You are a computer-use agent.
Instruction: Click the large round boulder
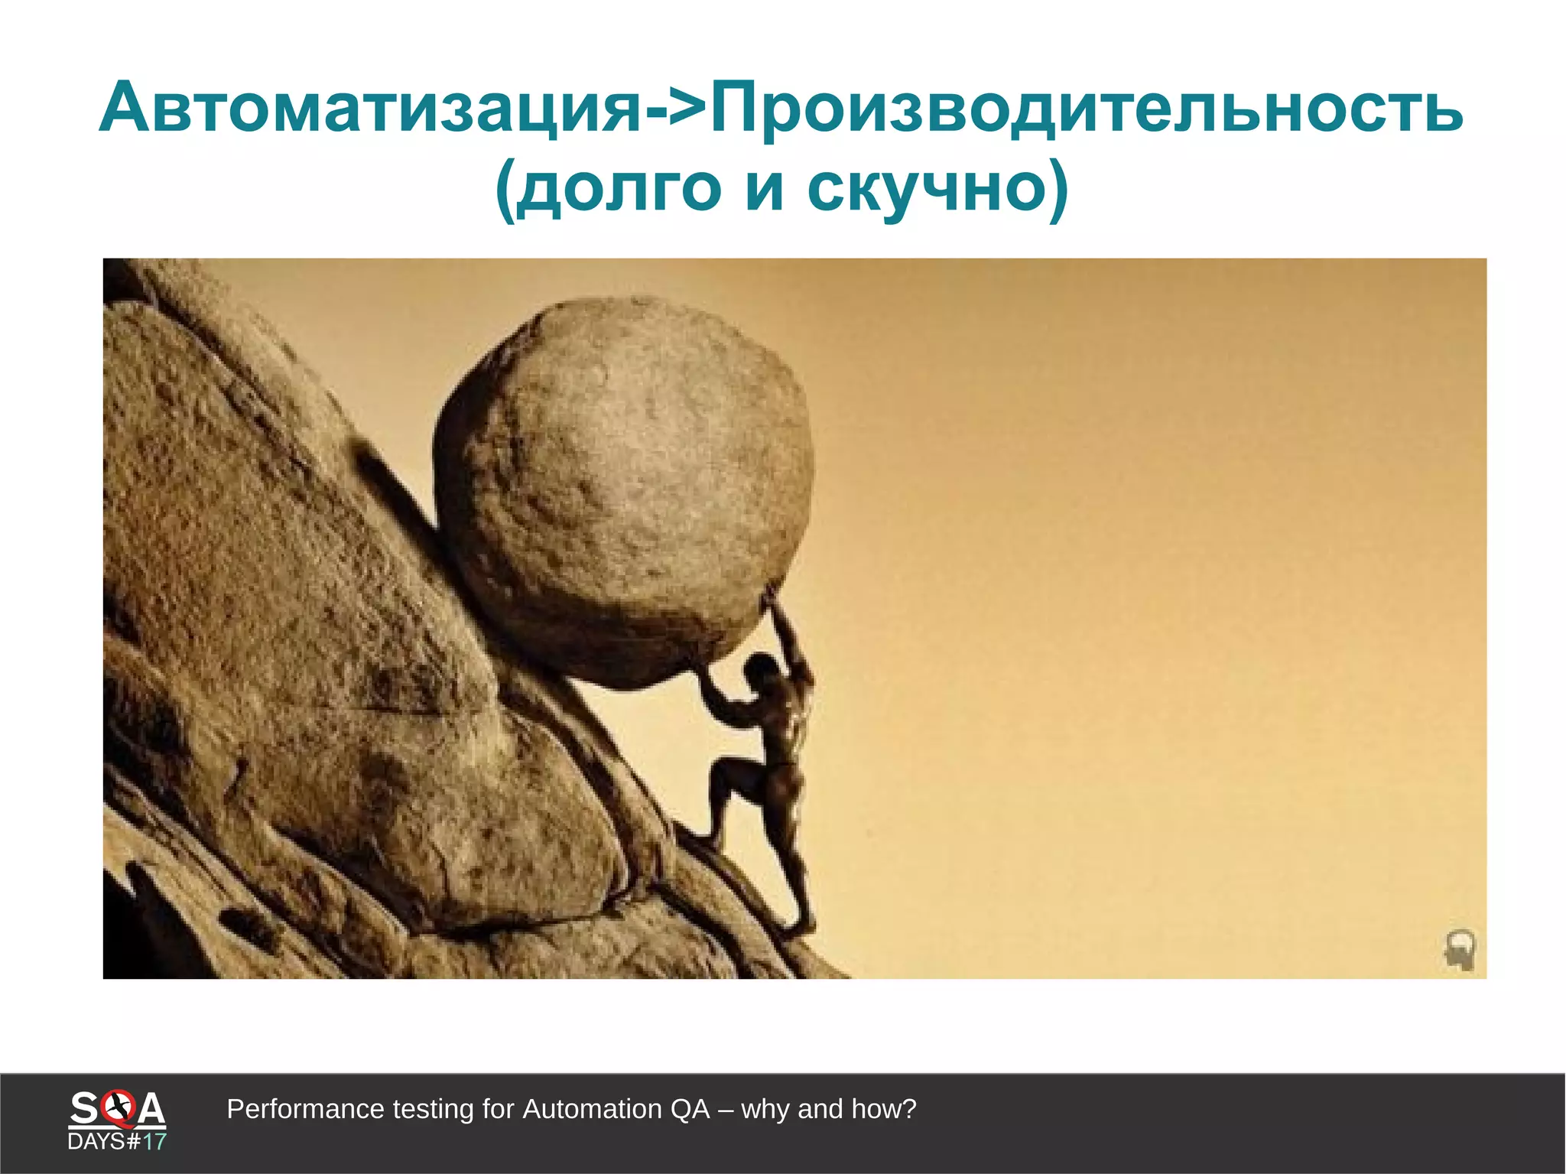tap(623, 489)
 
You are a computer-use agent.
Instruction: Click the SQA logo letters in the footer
tap(117, 1108)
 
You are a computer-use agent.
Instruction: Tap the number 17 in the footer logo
tap(154, 1142)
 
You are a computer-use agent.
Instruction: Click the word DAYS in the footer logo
tap(96, 1142)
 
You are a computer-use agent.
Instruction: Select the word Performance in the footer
tap(305, 1109)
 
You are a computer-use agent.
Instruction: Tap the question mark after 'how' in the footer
tap(909, 1109)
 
